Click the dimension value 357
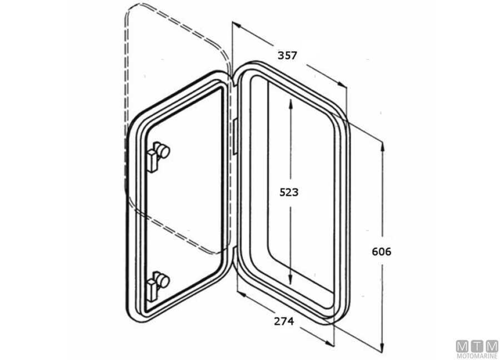pyautogui.click(x=288, y=56)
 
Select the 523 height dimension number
pyautogui.click(x=289, y=192)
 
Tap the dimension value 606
pyautogui.click(x=381, y=252)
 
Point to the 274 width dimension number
pyautogui.click(x=283, y=321)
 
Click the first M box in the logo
pyautogui.click(x=462, y=346)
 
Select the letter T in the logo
pyautogui.click(x=477, y=346)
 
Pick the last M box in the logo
pyautogui.click(x=491, y=346)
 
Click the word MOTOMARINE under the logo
pyautogui.click(x=477, y=356)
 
